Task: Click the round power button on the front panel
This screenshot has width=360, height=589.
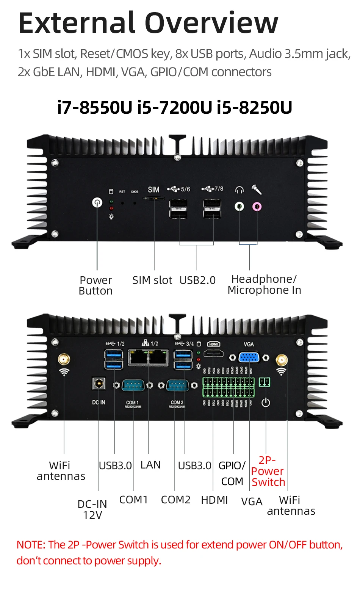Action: [x=97, y=202]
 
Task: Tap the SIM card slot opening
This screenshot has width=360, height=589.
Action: [x=154, y=198]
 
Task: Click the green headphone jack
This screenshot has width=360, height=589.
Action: [x=239, y=207]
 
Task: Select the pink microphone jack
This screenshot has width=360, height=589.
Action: [x=257, y=207]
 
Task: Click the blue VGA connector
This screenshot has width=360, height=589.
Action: [x=249, y=357]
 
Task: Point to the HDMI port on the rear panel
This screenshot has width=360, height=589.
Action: [x=213, y=354]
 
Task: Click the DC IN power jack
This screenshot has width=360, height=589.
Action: [x=99, y=384]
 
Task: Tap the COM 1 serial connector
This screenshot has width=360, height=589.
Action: [x=133, y=385]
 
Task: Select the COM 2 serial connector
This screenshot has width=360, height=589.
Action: [x=177, y=385]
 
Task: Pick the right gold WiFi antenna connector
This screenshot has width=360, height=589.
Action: [x=281, y=359]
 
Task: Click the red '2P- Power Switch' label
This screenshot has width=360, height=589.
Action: [x=268, y=471]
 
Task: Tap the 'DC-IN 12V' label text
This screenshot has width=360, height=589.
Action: [x=92, y=509]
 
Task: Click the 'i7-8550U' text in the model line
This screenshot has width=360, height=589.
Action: [x=94, y=107]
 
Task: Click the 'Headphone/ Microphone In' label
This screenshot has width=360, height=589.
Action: [x=264, y=285]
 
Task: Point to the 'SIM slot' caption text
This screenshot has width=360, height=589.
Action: [x=152, y=280]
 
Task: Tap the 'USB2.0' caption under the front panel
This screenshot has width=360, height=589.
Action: [x=197, y=280]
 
